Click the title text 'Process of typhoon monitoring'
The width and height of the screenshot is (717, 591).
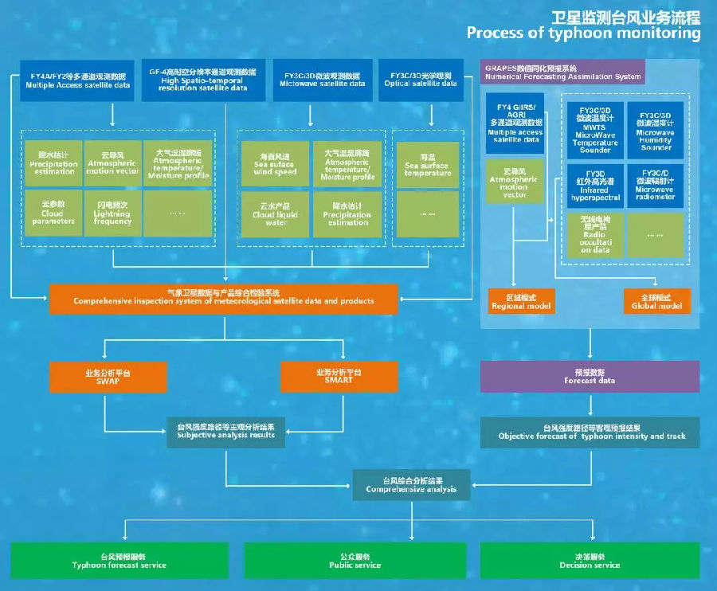coord(583,33)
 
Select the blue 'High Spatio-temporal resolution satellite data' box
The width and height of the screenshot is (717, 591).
coord(202,80)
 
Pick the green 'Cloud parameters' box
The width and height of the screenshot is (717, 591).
coord(53,212)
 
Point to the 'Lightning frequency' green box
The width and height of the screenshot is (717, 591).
coord(112,212)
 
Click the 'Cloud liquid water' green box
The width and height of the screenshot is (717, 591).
coord(273,213)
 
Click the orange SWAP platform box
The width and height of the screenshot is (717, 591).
coord(107,377)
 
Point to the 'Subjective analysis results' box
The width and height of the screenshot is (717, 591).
coord(225,432)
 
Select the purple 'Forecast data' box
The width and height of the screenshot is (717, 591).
coord(590,377)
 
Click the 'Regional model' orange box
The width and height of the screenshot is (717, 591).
coord(519,301)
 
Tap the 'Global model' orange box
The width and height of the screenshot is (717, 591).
coord(656,301)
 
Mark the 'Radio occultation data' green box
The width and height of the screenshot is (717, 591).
coord(594,235)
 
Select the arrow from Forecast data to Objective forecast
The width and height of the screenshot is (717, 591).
coord(590,405)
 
